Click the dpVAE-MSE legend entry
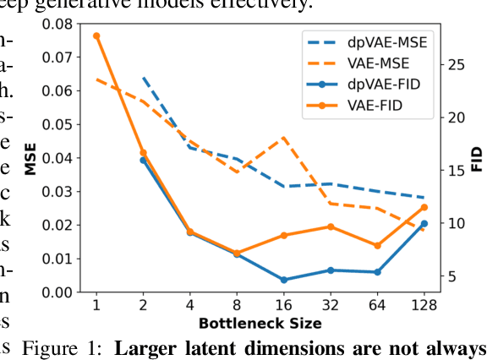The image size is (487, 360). pyautogui.click(x=372, y=41)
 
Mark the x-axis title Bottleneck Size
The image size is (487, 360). pyautogui.click(x=260, y=324)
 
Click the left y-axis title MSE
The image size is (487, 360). pyautogui.click(x=30, y=158)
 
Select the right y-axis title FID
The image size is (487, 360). pyautogui.click(x=475, y=158)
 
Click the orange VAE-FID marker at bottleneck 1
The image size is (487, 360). pyautogui.click(x=96, y=36)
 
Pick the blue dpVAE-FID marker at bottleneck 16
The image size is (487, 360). pyautogui.click(x=283, y=280)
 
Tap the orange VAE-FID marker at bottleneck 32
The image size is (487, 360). pyautogui.click(x=331, y=226)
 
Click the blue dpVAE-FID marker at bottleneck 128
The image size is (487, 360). pyautogui.click(x=424, y=224)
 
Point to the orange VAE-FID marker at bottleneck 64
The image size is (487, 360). pyautogui.click(x=377, y=246)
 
